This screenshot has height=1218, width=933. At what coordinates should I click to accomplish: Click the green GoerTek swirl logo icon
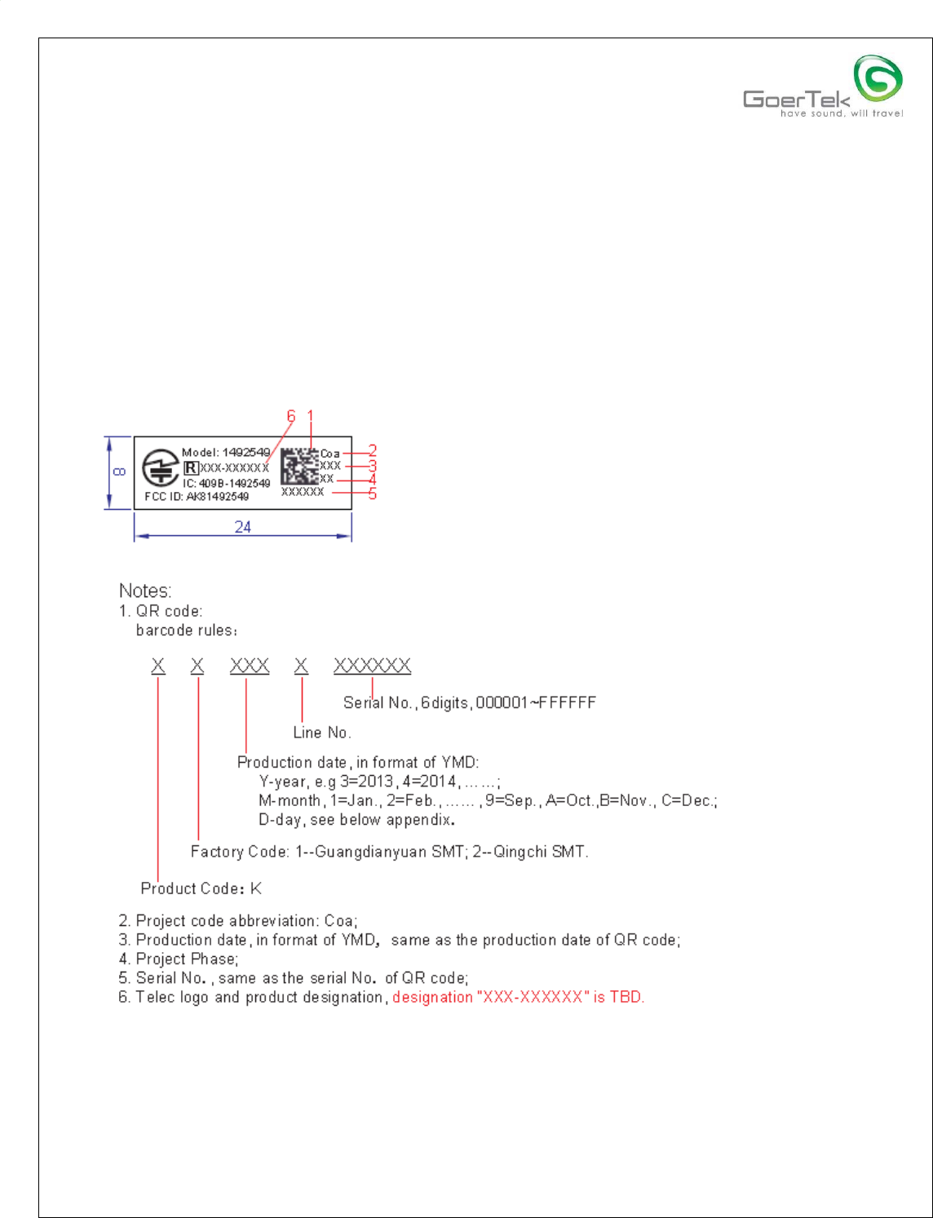[x=878, y=79]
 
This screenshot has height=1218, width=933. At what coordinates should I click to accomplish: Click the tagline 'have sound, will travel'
[x=842, y=113]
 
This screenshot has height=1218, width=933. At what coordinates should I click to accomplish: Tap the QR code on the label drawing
[x=299, y=466]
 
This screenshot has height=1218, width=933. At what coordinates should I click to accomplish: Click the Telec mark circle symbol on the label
[x=161, y=468]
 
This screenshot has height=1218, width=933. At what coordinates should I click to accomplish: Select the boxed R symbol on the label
[x=191, y=468]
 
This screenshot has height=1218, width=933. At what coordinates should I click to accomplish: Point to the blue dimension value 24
[x=243, y=527]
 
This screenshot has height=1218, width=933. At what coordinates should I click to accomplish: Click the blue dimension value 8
[x=119, y=472]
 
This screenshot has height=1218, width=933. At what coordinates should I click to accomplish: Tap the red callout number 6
[x=291, y=416]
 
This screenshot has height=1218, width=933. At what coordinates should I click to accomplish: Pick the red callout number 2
[x=373, y=450]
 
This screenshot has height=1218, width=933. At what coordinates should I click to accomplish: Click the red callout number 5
[x=373, y=494]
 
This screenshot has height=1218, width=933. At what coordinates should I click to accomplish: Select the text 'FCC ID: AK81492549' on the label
[x=197, y=497]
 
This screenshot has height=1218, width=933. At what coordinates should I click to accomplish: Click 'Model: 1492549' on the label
[x=226, y=452]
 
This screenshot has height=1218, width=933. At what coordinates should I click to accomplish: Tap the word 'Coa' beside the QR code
[x=330, y=454]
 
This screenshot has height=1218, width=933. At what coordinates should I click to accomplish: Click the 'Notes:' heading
[x=145, y=591]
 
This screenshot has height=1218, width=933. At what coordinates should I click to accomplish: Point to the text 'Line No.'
[x=322, y=733]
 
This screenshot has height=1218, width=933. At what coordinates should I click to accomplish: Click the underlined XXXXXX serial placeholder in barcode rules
[x=372, y=667]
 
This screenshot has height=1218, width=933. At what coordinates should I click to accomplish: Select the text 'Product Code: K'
[x=201, y=888]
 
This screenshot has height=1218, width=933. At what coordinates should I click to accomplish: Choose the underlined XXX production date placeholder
[x=250, y=667]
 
